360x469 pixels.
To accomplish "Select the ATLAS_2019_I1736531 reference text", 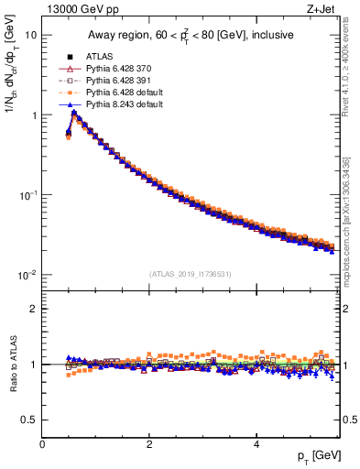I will (191, 274).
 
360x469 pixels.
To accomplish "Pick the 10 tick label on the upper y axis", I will (31, 35).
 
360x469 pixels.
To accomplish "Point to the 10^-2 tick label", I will (27, 275).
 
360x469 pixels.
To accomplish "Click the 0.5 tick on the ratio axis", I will (31, 420).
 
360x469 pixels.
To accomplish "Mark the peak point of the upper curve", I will (74, 114).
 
